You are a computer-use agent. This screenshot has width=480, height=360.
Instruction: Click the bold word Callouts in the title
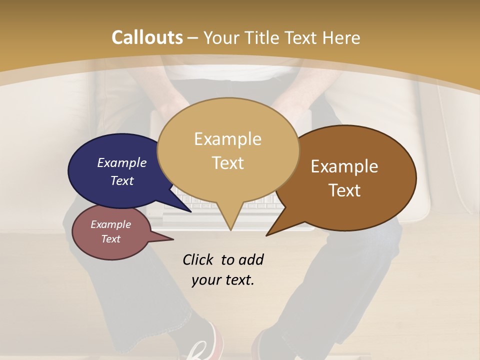(147, 37)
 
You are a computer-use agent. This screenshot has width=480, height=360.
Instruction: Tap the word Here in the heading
(340, 37)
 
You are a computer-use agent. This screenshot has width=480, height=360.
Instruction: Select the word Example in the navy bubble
(122, 162)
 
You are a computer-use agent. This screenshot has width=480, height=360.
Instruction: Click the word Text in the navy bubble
(122, 180)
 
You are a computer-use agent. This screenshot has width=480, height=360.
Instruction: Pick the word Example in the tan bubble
(228, 139)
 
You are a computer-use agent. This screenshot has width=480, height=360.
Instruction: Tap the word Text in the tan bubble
(228, 163)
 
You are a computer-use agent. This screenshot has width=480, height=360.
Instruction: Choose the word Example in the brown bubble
(344, 166)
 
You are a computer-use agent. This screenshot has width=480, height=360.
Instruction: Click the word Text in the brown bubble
(344, 190)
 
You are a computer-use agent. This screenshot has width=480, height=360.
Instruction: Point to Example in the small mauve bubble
(111, 224)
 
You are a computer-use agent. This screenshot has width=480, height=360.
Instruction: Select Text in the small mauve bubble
(111, 239)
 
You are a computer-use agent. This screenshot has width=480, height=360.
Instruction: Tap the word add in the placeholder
(251, 259)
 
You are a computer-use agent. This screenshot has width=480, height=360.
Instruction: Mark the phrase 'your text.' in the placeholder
(223, 280)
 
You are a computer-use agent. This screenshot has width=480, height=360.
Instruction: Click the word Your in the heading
(221, 37)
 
